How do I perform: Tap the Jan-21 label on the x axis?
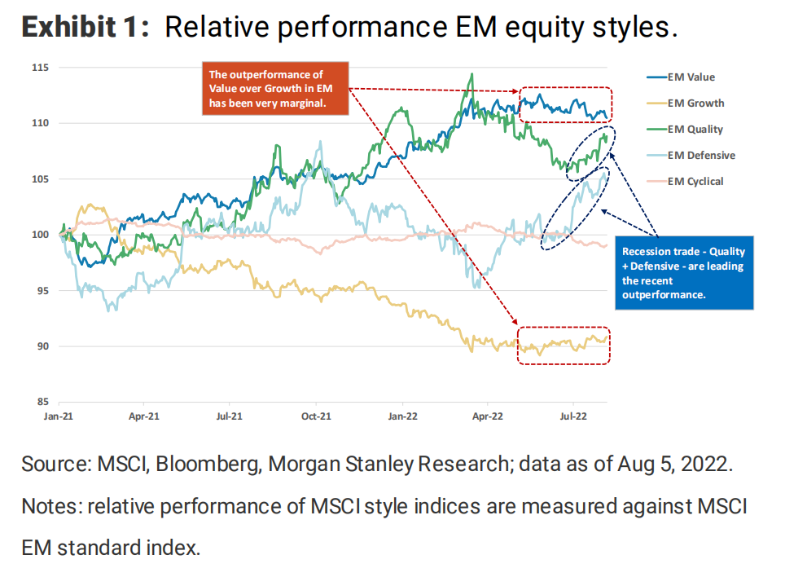[58, 416]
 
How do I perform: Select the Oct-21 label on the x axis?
[316, 416]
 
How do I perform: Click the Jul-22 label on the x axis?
[573, 416]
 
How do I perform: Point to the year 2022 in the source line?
[706, 465]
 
